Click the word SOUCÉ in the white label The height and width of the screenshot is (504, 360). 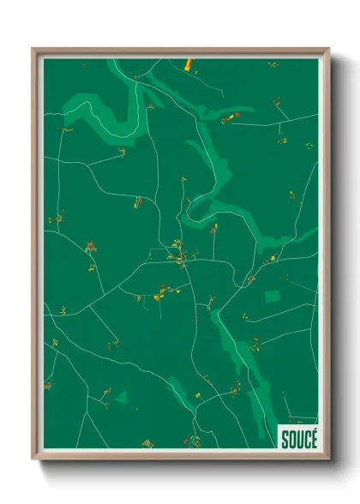click(x=298, y=437)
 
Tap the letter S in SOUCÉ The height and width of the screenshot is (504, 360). click(x=285, y=437)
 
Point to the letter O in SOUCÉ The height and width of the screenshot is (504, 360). click(x=291, y=437)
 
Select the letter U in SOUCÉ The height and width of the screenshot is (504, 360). click(x=299, y=437)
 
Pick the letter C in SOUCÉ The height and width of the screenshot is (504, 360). click(x=306, y=437)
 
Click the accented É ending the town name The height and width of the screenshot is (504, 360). click(x=313, y=437)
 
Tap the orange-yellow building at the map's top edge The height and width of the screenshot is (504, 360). click(x=188, y=63)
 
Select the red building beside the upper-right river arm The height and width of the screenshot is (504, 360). click(x=238, y=115)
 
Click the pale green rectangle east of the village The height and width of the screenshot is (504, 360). click(x=273, y=297)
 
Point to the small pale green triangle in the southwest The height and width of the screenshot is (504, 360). click(x=121, y=398)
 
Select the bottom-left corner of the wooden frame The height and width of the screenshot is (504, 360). click(x=33, y=459)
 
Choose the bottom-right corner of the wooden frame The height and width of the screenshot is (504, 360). click(x=328, y=459)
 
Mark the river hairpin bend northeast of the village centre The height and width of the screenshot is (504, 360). click(x=194, y=206)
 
